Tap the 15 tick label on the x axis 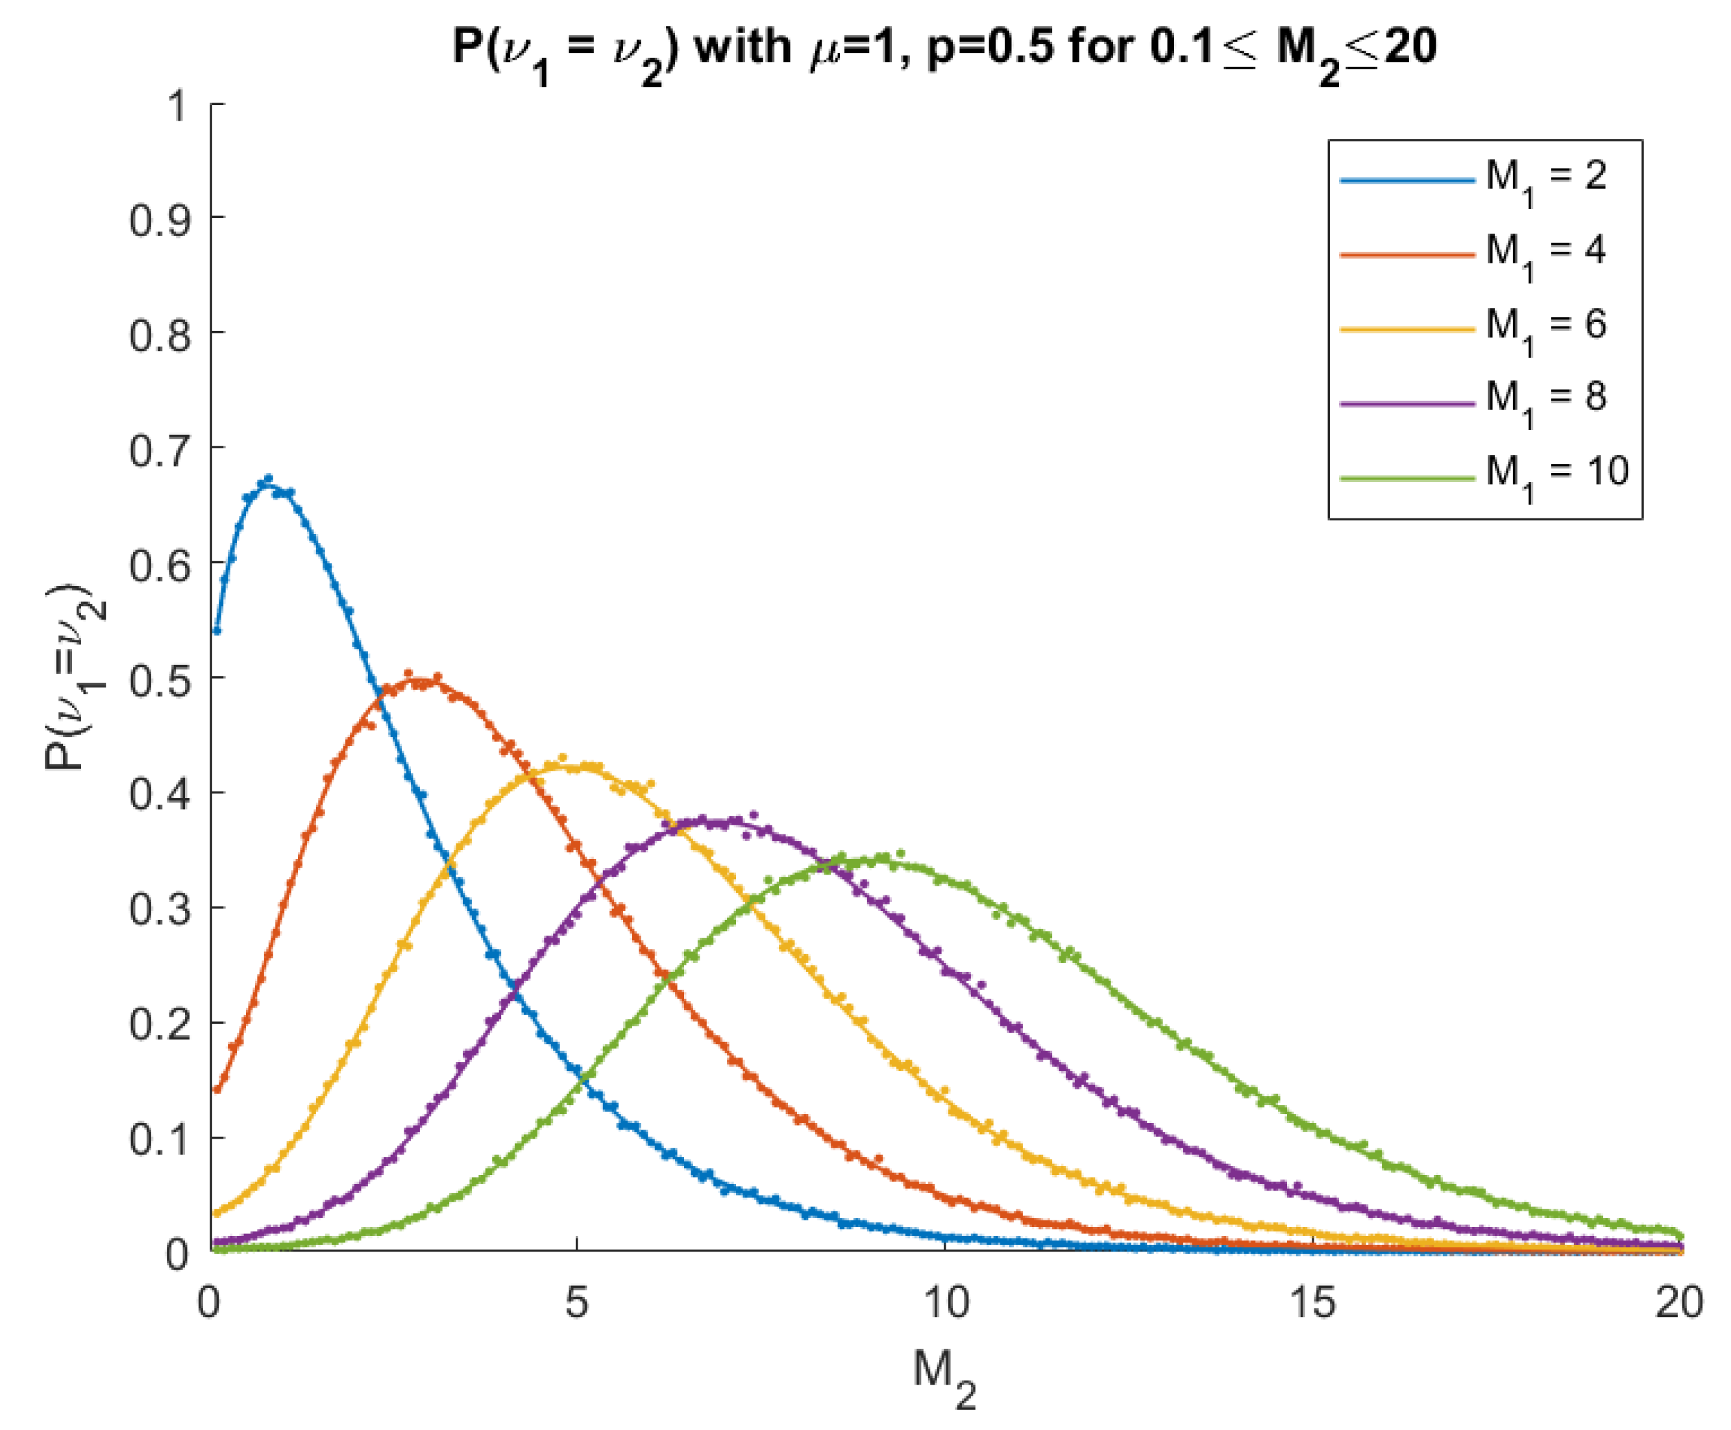[1312, 1303]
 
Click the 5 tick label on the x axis [577, 1303]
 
